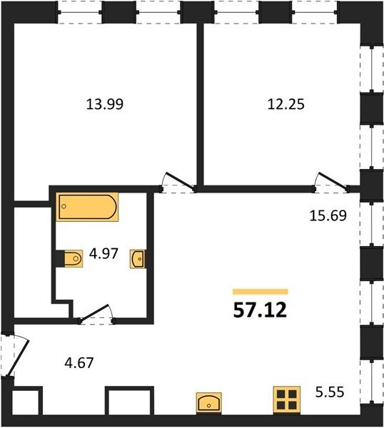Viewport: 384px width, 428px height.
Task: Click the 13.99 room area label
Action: pos(105,104)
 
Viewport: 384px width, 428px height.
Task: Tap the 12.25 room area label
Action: pos(286,104)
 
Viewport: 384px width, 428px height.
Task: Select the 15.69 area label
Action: pos(328,215)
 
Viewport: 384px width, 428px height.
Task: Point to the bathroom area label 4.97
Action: pos(103,253)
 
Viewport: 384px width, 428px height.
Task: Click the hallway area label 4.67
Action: pos(79,363)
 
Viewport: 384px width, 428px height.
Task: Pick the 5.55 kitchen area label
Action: pos(330,392)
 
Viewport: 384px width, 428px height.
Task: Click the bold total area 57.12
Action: pos(260,310)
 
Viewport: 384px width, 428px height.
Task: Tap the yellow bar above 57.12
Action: pos(261,292)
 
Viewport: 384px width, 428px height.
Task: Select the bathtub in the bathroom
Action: pos(87,207)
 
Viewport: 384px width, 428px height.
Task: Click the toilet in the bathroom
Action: pos(74,258)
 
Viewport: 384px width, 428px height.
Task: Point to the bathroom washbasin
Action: pos(138,259)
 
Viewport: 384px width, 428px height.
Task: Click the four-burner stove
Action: pos(287,399)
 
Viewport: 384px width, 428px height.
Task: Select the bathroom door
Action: pos(96,314)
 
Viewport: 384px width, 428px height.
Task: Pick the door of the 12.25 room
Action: pos(331,181)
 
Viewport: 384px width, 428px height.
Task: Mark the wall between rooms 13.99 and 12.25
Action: pos(200,105)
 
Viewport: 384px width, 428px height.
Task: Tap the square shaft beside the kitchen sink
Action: pos(129,401)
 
